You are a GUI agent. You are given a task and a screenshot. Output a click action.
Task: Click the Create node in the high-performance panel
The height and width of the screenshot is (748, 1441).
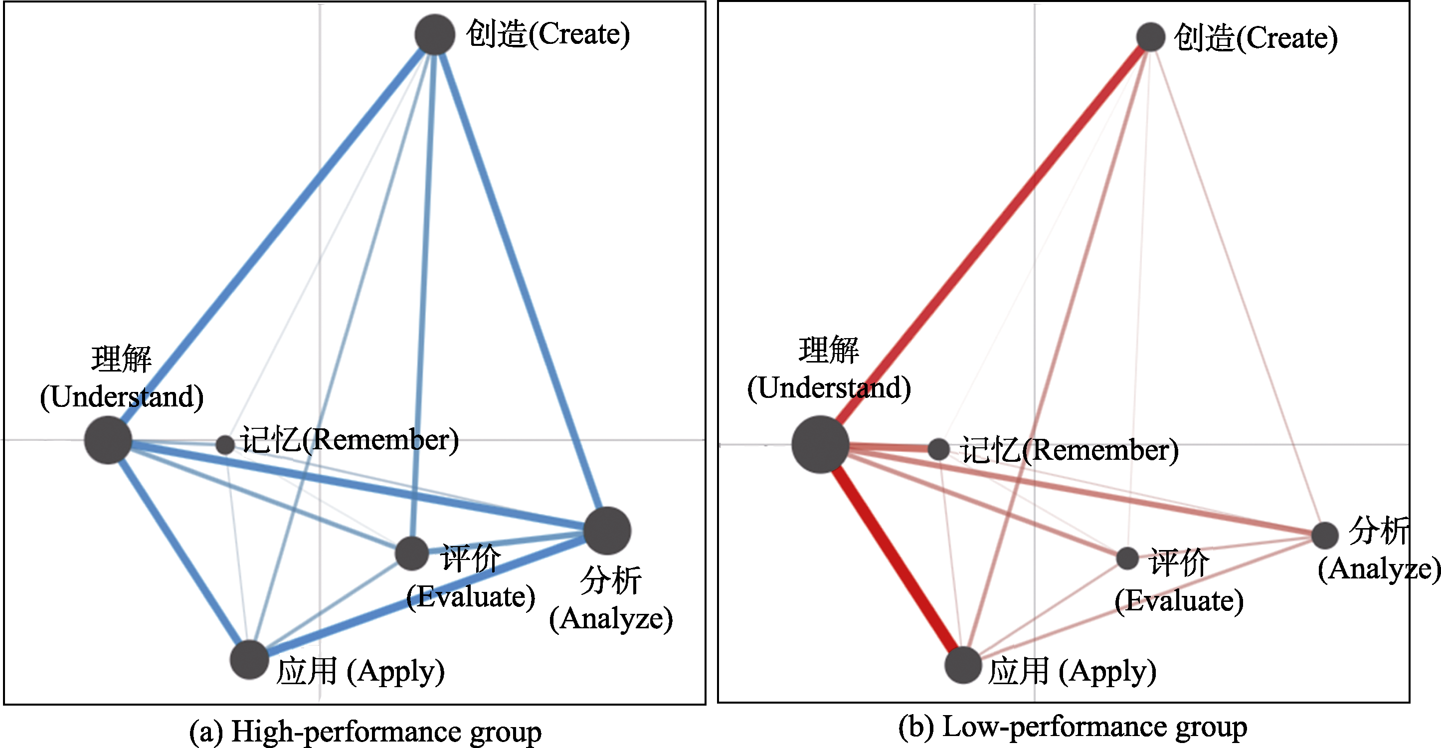[435, 35]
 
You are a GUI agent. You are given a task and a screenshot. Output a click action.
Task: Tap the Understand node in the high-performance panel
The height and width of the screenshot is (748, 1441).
[108, 440]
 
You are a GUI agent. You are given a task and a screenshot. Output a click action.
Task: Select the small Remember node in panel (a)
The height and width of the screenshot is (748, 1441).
[225, 445]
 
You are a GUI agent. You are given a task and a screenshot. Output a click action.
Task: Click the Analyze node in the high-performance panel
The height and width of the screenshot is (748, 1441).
[607, 531]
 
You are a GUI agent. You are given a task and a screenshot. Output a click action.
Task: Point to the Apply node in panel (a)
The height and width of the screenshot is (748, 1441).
[249, 660]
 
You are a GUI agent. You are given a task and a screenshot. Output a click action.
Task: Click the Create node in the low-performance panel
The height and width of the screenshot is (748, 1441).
[1151, 37]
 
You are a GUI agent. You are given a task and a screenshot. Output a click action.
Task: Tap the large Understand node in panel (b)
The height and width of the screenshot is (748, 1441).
[820, 445]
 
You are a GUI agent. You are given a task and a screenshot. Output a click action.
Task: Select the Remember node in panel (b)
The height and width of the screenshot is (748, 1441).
[939, 449]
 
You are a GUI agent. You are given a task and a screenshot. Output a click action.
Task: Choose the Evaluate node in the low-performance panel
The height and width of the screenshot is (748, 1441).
[1127, 559]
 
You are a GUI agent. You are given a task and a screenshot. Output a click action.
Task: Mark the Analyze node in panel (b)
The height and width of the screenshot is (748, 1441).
[1325, 535]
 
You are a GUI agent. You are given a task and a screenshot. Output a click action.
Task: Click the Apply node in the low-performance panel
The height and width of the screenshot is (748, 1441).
[963, 665]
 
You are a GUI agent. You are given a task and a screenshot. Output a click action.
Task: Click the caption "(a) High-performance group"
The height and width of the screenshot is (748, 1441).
[365, 731]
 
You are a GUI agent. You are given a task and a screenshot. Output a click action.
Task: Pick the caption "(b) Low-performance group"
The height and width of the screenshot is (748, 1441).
[1073, 727]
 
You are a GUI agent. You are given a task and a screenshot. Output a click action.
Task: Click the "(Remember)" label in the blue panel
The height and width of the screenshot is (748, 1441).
[380, 440]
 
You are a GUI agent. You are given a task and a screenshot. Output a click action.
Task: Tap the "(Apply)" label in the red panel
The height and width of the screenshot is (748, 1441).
[1107, 671]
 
